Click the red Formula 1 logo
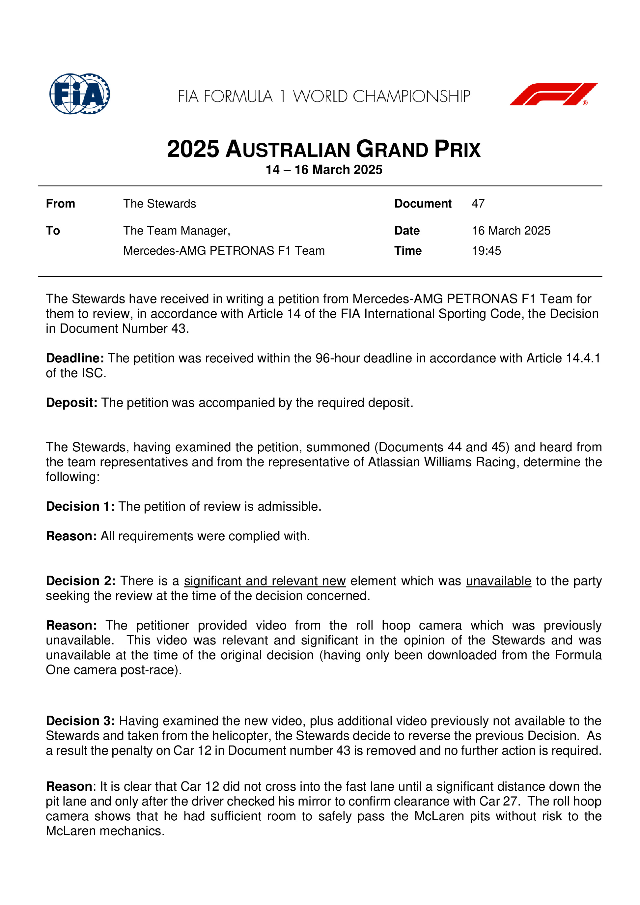coord(553,94)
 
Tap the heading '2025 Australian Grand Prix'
coord(323,149)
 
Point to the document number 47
coord(478,204)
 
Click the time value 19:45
coord(486,251)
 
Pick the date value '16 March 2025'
coord(511,231)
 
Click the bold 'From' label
coord(60,204)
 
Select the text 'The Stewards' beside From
coord(160,204)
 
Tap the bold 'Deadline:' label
coord(75,358)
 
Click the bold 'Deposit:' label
coord(71,403)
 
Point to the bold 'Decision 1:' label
coord(80,506)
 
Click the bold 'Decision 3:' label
coord(80,721)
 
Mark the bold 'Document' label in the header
coord(423,204)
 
